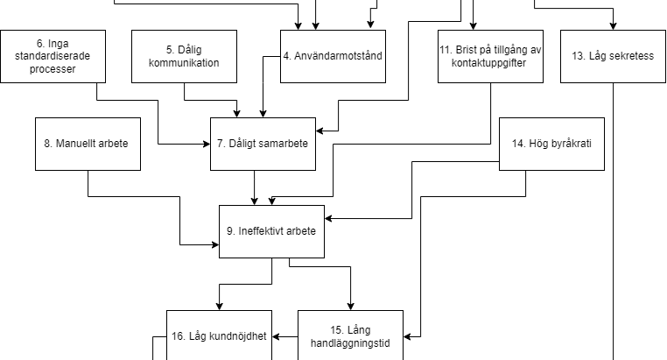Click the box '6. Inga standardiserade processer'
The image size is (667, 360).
click(x=53, y=56)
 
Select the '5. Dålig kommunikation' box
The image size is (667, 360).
click(x=184, y=56)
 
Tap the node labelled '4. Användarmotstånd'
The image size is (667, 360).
click(x=333, y=56)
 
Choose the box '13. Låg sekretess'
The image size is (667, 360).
click(x=613, y=56)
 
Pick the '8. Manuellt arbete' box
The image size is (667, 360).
click(x=88, y=144)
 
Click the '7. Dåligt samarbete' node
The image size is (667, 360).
click(x=263, y=144)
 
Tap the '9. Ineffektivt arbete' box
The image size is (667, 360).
click(x=271, y=231)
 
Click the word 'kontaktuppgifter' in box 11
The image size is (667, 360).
click(x=490, y=63)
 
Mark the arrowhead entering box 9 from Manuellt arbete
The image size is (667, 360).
click(x=214, y=245)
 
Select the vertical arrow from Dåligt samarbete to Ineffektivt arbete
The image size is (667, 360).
click(x=254, y=187)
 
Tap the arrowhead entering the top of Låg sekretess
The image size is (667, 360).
click(x=613, y=25)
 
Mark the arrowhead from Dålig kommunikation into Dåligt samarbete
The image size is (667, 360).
click(x=236, y=113)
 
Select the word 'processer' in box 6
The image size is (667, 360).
click(x=53, y=68)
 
